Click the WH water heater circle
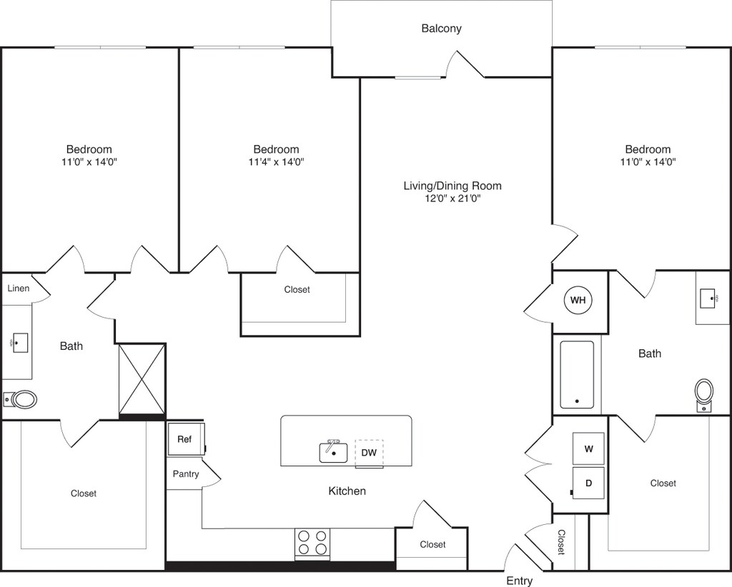578,301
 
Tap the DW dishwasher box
369,453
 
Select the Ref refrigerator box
185,439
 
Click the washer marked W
588,448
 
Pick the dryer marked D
588,483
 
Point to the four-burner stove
312,543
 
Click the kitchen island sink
333,451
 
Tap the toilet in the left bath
21,399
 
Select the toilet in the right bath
704,393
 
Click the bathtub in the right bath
576,374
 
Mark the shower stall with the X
142,378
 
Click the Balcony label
441,29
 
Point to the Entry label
520,581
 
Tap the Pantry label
186,474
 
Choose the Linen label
19,289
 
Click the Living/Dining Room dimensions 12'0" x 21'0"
452,199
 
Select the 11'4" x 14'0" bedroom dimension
276,162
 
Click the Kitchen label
347,491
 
